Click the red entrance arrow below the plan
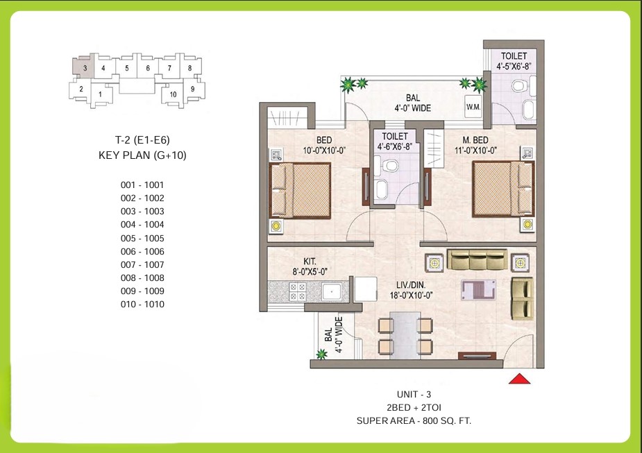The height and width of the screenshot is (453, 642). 520,378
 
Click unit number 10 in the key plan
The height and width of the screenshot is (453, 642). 173,94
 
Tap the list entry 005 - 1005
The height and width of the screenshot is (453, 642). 142,238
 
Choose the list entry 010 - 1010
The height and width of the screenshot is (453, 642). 142,304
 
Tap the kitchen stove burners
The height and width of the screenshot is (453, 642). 298,291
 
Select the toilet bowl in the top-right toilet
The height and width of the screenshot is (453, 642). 517,86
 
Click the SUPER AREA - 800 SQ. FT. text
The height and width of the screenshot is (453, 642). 414,420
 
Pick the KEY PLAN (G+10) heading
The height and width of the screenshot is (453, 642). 143,155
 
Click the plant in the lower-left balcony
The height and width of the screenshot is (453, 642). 321,355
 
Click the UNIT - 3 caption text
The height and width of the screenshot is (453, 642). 414,394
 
